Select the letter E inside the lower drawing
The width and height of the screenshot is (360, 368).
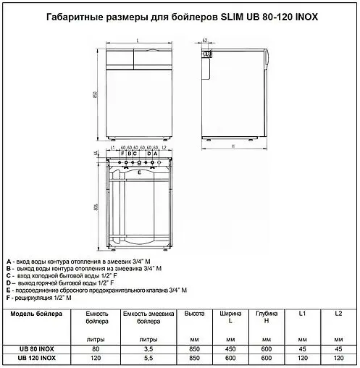click(x=140, y=172)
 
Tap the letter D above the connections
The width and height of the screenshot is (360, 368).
click(x=148, y=153)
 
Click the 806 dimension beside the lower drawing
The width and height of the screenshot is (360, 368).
click(x=95, y=207)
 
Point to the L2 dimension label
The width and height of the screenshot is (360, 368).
click(x=164, y=146)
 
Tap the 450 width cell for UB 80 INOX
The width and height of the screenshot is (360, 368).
click(x=229, y=348)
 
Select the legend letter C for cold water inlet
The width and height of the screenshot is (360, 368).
click(x=8, y=276)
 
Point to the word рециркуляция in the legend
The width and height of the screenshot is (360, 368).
click(x=37, y=298)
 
